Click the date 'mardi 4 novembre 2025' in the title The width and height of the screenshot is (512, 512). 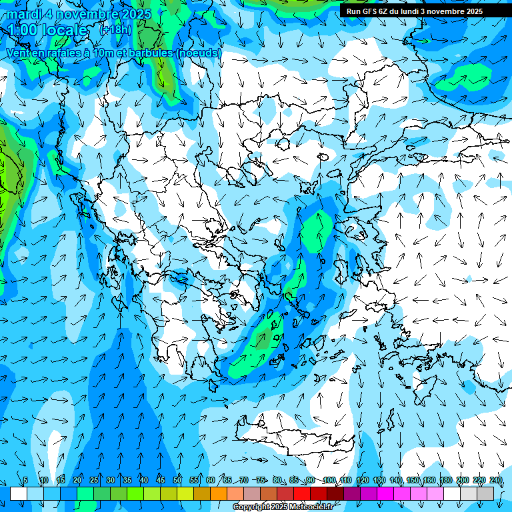pos(79,14)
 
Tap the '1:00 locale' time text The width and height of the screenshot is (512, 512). pos(48,30)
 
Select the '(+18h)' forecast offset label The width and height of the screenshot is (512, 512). pos(115,30)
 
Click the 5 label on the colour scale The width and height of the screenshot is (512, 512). pos(26,480)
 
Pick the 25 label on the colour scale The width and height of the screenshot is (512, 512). pos(93,480)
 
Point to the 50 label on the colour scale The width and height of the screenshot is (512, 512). pos(177,480)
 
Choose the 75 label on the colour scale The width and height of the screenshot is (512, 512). pos(261,480)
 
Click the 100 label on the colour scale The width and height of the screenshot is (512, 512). pos(329,480)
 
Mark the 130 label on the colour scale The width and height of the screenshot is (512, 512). pos(379,480)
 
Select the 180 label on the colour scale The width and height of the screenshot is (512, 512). pos(446,480)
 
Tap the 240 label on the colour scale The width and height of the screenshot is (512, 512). pos(496,480)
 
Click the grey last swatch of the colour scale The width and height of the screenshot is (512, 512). pos(485,493)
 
